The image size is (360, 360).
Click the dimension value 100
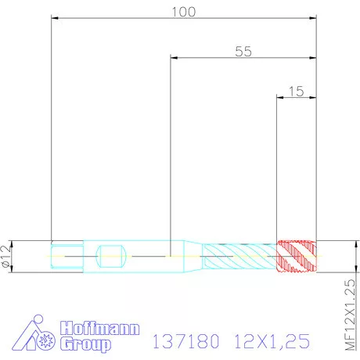pos(183,11)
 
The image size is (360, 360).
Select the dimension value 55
pos(243,51)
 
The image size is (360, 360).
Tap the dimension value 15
pos(296,91)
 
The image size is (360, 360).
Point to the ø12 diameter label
pos(7,256)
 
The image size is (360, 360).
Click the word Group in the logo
pos(87,344)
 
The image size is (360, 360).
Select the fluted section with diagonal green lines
pos(239,256)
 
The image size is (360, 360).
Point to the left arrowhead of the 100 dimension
pos(55,17)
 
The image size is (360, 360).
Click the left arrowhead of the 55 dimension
pos(175,57)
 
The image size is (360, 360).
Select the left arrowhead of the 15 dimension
pos(281,97)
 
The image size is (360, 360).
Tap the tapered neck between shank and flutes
pos(193,256)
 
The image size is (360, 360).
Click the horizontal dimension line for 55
pos(219,57)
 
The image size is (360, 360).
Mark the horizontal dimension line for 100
pos(117,17)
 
